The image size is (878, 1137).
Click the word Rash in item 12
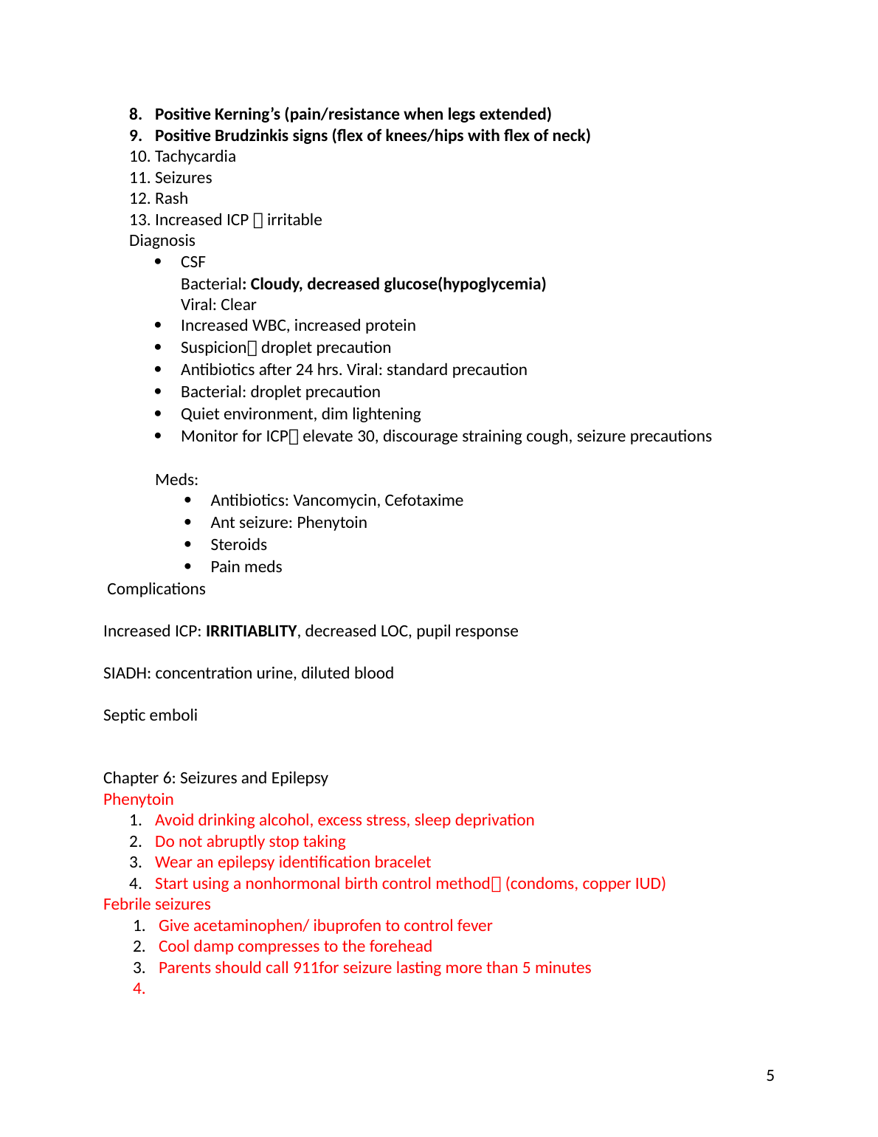(171, 199)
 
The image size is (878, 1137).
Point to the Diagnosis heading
(162, 241)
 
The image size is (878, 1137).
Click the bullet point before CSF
(158, 261)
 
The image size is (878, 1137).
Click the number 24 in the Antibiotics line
(304, 370)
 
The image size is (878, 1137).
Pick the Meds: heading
(176, 480)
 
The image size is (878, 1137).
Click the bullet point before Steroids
(188, 544)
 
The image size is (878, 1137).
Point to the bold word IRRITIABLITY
(251, 631)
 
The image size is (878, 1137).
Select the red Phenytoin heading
(138, 800)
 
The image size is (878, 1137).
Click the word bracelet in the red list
(402, 862)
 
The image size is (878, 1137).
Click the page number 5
(770, 1076)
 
